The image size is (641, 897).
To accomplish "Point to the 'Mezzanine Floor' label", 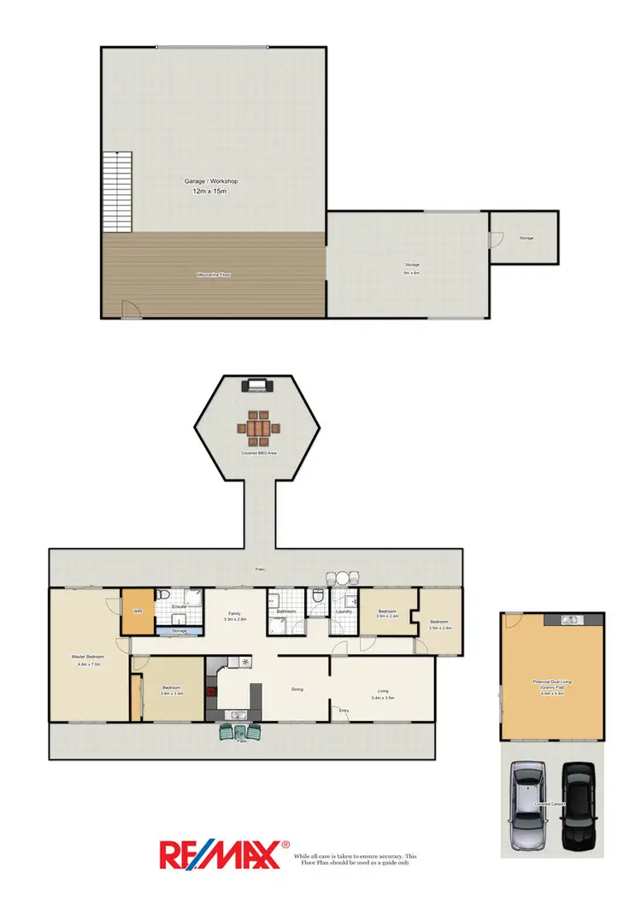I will [214, 274].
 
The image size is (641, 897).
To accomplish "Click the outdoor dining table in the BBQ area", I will [257, 424].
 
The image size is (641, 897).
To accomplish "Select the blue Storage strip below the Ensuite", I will [179, 631].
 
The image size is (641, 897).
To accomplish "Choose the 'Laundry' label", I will [344, 611].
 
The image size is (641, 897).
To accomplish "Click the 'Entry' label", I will [344, 710].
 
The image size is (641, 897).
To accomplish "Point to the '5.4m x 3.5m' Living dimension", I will [384, 699].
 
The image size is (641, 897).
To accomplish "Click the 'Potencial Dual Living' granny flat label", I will [551, 682].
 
